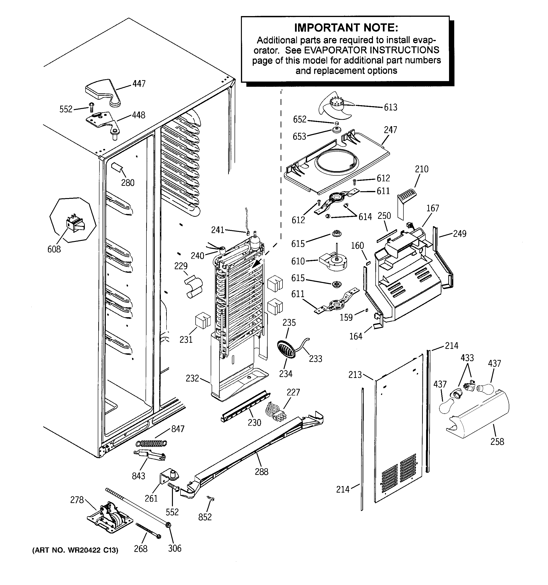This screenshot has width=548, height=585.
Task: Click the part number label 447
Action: point(139,84)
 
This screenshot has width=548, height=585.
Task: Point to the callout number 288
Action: point(261,472)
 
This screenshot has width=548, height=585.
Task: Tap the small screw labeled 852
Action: point(211,498)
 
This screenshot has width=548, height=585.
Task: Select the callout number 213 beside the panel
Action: point(355,375)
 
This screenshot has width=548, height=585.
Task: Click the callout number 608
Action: point(54,249)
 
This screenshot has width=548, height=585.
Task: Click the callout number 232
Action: point(192,378)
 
